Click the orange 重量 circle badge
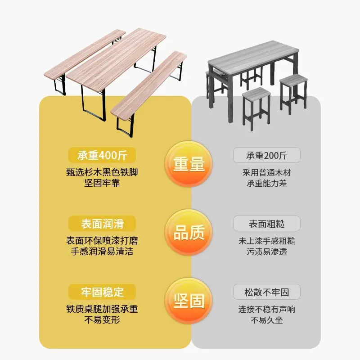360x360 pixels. click(189, 164)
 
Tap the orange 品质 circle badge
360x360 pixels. click(189, 232)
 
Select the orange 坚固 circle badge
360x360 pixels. click(189, 301)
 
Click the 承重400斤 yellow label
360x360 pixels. click(102, 155)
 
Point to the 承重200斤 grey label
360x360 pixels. click(267, 155)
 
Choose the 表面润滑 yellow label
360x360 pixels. click(102, 224)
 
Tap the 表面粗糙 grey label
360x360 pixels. click(267, 224)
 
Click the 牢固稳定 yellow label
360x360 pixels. click(102, 292)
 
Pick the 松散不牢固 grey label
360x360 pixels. click(267, 292)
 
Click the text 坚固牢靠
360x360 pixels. click(102, 183)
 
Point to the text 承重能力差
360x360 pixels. click(267, 183)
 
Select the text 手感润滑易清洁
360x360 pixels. click(102, 252)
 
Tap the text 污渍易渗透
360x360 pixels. click(267, 252)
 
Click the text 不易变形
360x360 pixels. click(102, 319)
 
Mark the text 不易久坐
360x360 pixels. click(267, 320)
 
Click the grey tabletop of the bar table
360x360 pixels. click(253, 57)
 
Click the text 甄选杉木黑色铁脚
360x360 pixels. click(102, 172)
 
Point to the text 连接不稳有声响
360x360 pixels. click(267, 309)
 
